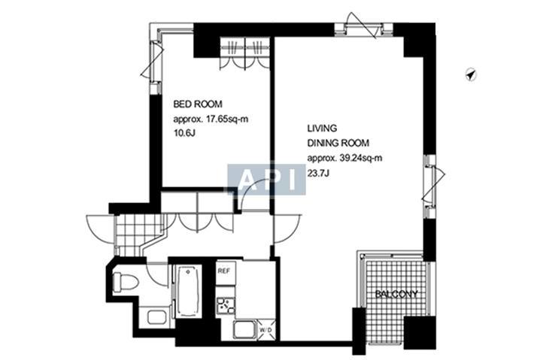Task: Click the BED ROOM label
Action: click(x=198, y=104)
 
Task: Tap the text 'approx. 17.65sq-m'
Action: click(x=211, y=119)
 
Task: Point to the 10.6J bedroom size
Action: click(x=184, y=133)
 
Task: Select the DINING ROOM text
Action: click(x=338, y=143)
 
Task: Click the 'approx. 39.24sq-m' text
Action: click(x=344, y=159)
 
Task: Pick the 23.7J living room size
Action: click(x=318, y=173)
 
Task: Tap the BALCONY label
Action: click(x=396, y=294)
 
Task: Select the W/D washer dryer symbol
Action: click(x=265, y=330)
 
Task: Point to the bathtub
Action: click(x=187, y=291)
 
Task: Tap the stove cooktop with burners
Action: click(x=226, y=306)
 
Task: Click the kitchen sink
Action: click(x=244, y=329)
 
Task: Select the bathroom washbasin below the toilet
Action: click(x=157, y=317)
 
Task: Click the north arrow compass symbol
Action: click(x=471, y=74)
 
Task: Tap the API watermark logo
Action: click(x=266, y=180)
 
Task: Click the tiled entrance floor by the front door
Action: click(x=136, y=234)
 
